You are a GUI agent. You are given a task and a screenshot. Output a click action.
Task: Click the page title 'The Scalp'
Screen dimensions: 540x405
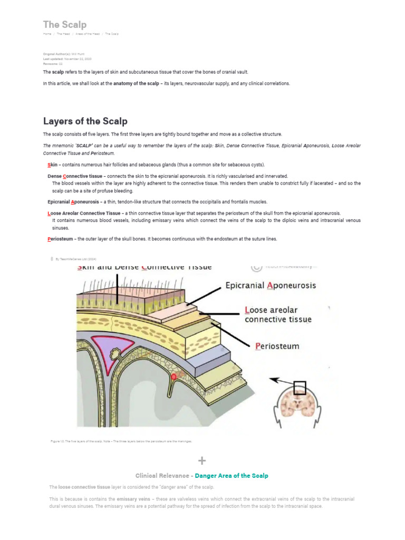(64, 25)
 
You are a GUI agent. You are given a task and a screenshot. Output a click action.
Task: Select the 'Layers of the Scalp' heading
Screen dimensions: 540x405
(85, 121)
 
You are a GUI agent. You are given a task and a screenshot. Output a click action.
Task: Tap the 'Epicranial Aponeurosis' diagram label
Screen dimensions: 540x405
(271, 286)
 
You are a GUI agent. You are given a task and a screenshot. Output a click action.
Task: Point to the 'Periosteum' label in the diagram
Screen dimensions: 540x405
(277, 346)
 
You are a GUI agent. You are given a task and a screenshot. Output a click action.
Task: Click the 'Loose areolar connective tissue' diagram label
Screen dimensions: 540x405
(278, 314)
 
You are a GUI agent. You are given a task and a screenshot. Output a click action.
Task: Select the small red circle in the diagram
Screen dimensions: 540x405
(173, 377)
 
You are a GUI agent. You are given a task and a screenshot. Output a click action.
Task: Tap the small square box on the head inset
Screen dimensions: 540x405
(300, 388)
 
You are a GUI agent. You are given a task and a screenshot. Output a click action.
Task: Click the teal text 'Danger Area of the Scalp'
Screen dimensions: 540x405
(231, 476)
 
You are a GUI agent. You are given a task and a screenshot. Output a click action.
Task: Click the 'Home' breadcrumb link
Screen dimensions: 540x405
(47, 34)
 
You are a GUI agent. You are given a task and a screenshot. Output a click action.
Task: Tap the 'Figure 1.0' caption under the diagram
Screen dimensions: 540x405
(121, 441)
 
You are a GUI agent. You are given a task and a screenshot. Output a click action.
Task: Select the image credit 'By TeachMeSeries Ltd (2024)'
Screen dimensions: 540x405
(76, 259)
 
